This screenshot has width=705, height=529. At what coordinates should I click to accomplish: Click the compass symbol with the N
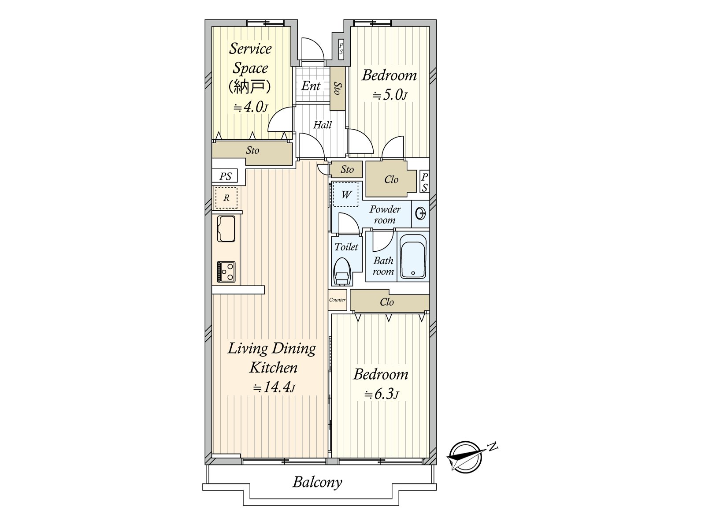click(465, 457)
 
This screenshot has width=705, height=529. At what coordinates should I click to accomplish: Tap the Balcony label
click(317, 482)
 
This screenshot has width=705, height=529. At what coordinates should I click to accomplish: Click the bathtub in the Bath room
click(413, 257)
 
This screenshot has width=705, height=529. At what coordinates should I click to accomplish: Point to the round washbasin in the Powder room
click(421, 214)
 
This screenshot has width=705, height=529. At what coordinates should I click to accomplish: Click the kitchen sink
click(226, 229)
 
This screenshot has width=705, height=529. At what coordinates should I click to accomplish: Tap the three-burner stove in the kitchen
click(226, 272)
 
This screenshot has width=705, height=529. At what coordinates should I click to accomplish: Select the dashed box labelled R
click(226, 198)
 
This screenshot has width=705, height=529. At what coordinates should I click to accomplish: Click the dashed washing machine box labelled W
click(346, 194)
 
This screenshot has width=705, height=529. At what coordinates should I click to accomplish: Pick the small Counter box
click(337, 300)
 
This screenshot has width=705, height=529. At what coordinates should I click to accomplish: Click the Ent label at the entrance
click(311, 86)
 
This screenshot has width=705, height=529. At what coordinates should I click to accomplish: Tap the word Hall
click(323, 125)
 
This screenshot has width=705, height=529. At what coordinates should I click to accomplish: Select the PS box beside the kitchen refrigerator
click(225, 176)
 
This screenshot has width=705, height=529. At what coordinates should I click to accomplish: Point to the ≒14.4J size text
click(274, 387)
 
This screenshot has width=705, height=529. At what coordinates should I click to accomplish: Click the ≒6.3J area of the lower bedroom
click(381, 394)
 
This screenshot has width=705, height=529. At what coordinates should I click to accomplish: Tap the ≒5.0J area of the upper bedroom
click(390, 95)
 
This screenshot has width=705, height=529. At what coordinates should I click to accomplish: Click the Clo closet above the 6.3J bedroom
click(387, 302)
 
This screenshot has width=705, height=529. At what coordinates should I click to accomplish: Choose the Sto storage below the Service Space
click(252, 151)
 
